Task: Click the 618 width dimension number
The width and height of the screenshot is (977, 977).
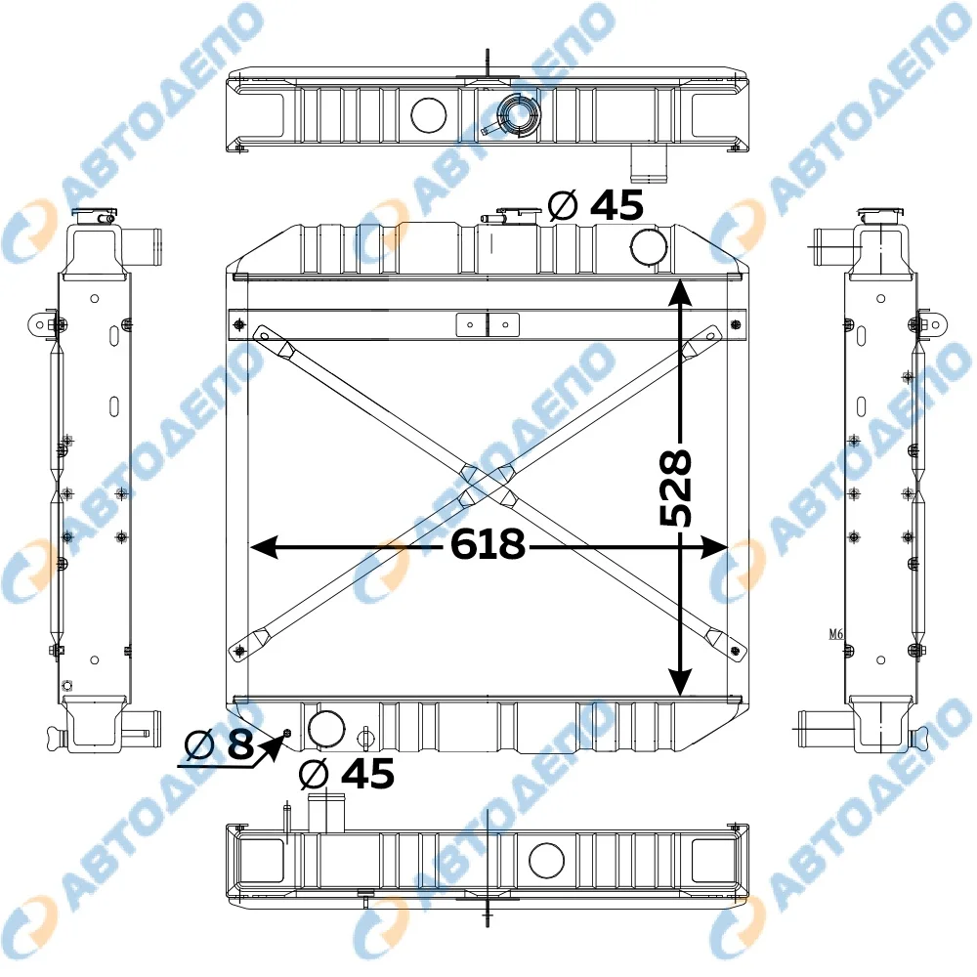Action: (x=488, y=543)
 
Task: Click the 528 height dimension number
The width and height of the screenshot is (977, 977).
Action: (x=676, y=488)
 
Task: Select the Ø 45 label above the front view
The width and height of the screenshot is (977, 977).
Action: (x=596, y=204)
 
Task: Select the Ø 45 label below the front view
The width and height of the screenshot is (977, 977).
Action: (x=347, y=774)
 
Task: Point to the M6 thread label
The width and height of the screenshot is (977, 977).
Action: (x=835, y=634)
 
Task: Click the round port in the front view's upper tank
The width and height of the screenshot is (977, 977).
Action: (x=649, y=247)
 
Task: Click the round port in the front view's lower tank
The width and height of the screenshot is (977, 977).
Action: (x=326, y=728)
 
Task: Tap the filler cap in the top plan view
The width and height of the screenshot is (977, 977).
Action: (x=519, y=114)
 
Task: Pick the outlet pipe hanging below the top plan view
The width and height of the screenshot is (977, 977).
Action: (x=650, y=164)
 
